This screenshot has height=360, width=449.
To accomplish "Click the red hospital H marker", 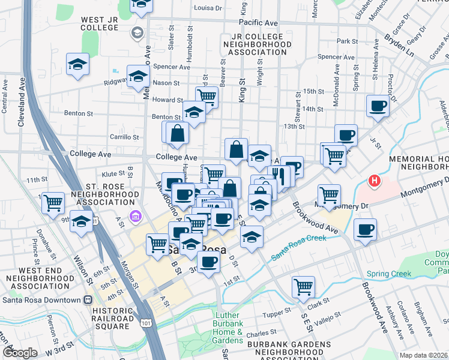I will click(375, 180).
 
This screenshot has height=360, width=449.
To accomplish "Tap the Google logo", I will click(20, 353).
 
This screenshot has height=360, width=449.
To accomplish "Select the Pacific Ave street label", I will click(258, 23).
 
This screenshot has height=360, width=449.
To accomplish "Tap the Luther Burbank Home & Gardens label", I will click(228, 328).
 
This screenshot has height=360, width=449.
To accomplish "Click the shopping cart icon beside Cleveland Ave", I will click(53, 202).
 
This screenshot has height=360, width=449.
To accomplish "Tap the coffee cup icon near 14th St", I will click(378, 106).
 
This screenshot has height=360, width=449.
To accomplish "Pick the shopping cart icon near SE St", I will click(304, 287).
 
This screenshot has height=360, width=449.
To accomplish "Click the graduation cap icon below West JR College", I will click(78, 64).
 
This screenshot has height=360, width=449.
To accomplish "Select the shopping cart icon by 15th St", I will click(207, 96).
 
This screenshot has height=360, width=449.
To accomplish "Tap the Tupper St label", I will click(276, 314).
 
